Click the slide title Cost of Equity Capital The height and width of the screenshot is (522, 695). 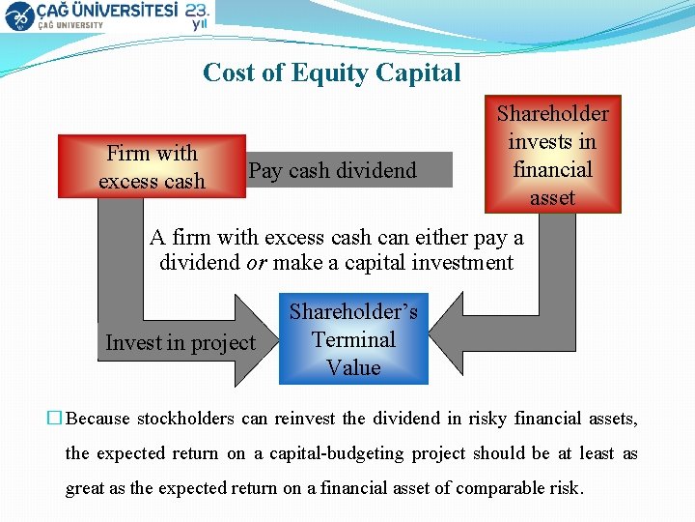click(332, 72)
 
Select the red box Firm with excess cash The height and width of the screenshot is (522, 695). click(152, 166)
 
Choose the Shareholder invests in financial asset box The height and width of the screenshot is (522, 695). click(552, 155)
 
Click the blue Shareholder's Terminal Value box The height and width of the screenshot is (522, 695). click(353, 339)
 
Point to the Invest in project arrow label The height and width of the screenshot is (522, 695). click(181, 343)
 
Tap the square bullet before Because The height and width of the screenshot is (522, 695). click(55, 419)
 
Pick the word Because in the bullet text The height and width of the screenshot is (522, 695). click(97, 419)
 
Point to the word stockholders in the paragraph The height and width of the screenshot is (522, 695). click(183, 419)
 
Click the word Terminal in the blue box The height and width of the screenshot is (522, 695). click(353, 339)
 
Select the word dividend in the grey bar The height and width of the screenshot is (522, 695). click(381, 170)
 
